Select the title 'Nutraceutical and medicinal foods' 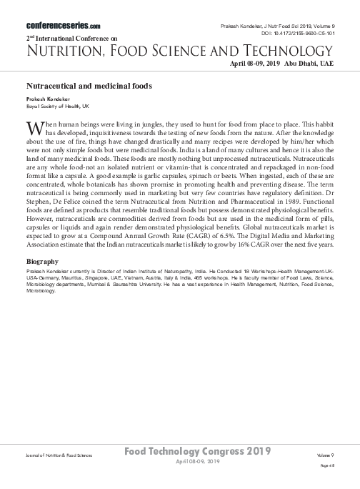pyautogui.click(x=89, y=85)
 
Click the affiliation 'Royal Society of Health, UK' pyautogui.click(x=58, y=105)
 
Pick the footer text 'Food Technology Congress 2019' pyautogui.click(x=197, y=452)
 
